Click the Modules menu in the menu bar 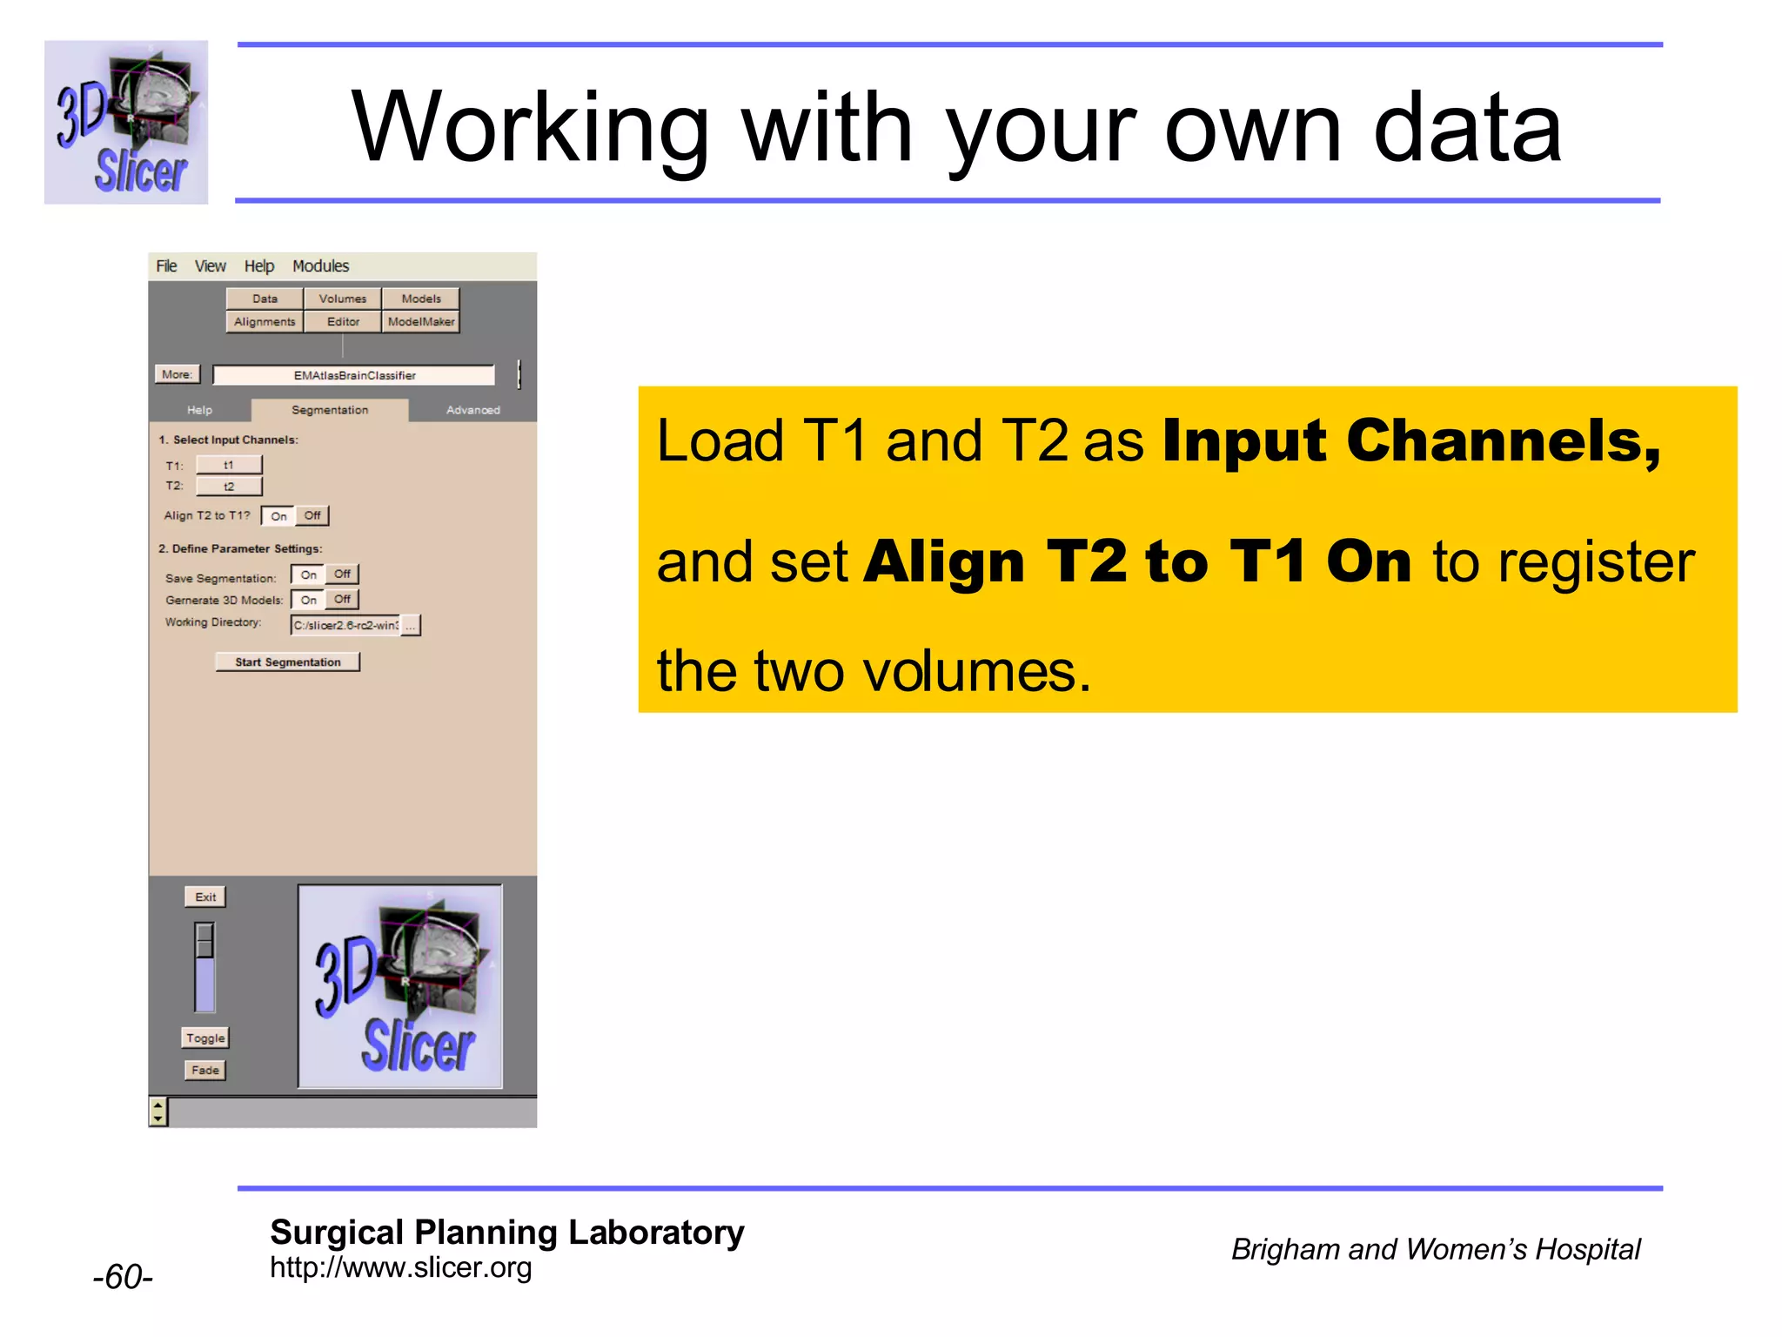tap(320, 266)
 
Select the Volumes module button tap(342, 299)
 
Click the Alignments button tap(265, 322)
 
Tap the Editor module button tap(343, 322)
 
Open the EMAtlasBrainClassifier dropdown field tap(354, 375)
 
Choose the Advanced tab tap(472, 410)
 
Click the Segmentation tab tap(330, 410)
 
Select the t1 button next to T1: tap(229, 465)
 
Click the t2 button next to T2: tap(229, 487)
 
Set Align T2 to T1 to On tap(278, 516)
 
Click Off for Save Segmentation tap(342, 574)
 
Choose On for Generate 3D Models tap(308, 600)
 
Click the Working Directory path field tap(345, 625)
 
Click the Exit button tap(205, 897)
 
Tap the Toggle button tap(205, 1038)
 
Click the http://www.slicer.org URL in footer tap(400, 1267)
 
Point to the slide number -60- tap(123, 1277)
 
